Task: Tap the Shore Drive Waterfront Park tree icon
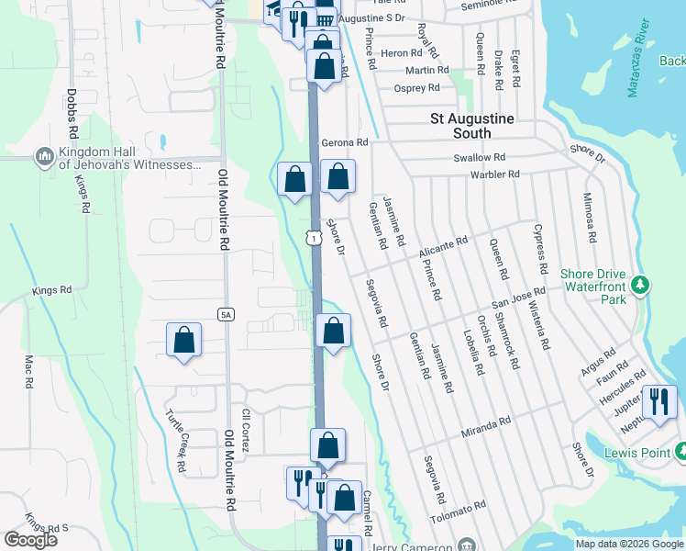click(x=640, y=284)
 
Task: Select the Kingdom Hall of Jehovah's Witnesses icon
click(x=44, y=158)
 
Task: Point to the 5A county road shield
click(x=226, y=315)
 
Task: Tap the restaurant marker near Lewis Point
click(x=659, y=401)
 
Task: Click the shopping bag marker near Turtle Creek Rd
click(x=184, y=340)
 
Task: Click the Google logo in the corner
click(x=30, y=540)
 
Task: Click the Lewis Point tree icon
click(x=680, y=452)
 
